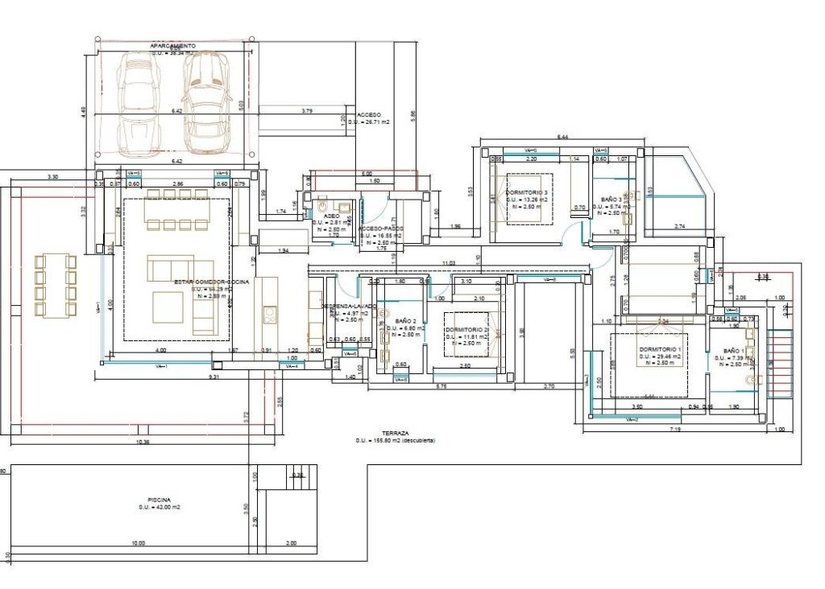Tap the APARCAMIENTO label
click(x=172, y=47)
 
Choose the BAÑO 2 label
click(x=400, y=321)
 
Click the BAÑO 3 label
click(x=613, y=199)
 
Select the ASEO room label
click(x=331, y=216)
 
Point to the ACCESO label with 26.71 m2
click(x=369, y=115)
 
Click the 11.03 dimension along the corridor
click(x=449, y=264)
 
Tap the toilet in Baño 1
click(x=753, y=379)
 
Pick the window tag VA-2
click(x=632, y=419)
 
